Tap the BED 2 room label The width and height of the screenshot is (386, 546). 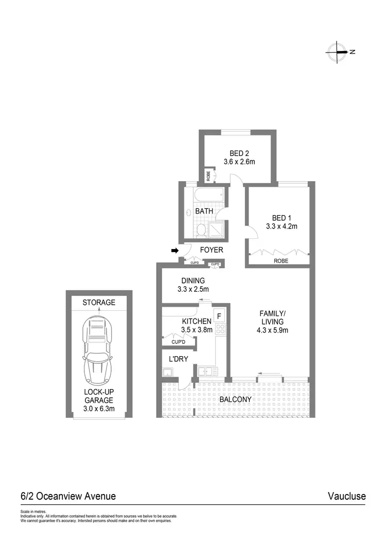point(239,153)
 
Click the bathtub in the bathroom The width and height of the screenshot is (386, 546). point(209,196)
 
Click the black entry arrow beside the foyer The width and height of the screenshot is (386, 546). point(174,251)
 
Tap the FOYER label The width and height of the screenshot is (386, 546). point(212,250)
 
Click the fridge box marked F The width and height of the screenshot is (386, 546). point(218,315)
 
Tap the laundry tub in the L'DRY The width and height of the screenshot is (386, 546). point(167,373)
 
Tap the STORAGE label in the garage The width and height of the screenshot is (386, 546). point(99,303)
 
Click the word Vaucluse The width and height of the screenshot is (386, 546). point(346,497)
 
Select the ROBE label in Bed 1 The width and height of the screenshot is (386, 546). point(281,261)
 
